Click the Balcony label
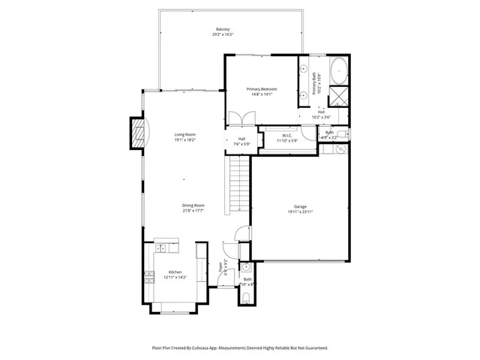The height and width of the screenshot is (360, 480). click(x=221, y=29)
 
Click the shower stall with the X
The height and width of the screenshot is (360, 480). click(x=338, y=95)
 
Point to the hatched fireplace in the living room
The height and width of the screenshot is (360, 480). click(x=136, y=133)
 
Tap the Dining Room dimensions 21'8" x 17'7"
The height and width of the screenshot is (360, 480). click(x=193, y=211)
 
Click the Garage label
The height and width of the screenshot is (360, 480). click(x=300, y=206)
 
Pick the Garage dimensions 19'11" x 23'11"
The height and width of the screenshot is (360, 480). click(x=300, y=211)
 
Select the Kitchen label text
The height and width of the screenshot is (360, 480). click(x=175, y=271)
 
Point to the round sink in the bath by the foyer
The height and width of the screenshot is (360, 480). click(x=245, y=266)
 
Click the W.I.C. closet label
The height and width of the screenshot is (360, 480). click(x=287, y=136)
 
